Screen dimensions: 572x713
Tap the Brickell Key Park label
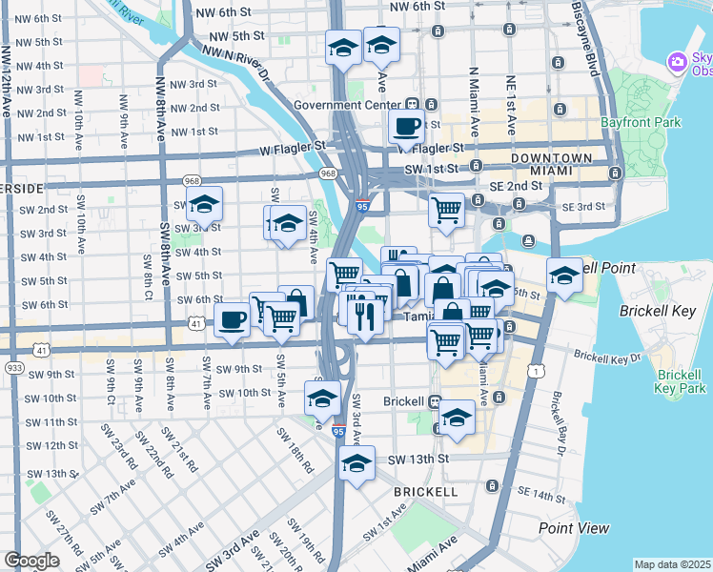point(681,380)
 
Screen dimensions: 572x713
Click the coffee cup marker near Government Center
point(408,126)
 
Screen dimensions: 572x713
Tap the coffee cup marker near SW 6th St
point(232,320)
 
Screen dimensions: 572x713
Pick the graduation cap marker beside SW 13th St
point(357,464)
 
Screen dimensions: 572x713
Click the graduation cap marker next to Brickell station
point(458,418)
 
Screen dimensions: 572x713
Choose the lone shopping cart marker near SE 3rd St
point(446,208)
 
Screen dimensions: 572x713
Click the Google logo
point(31,561)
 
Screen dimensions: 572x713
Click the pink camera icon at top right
point(678,62)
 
